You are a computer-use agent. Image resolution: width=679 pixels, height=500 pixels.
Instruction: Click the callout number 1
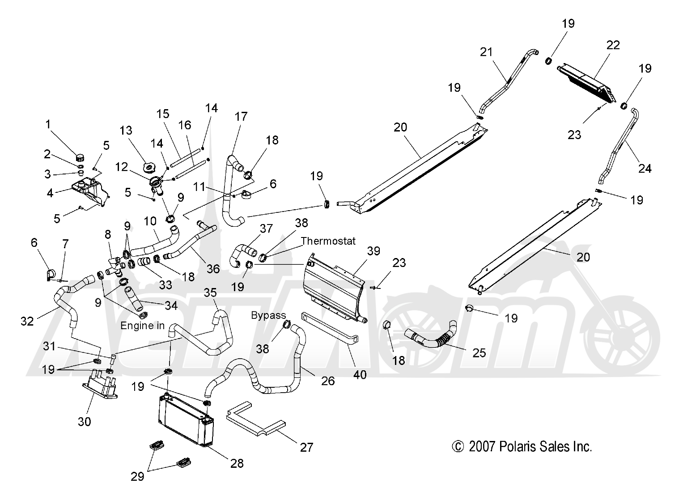tap(48, 124)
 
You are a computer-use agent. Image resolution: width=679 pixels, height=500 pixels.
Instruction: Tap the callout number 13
tap(126, 131)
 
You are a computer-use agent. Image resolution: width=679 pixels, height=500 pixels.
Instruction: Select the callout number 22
tap(613, 45)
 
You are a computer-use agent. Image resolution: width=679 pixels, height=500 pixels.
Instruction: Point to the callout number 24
tap(645, 168)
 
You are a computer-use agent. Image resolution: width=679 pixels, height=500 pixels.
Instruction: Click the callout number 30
tap(84, 422)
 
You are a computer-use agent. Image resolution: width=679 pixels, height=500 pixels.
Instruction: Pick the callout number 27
tap(306, 447)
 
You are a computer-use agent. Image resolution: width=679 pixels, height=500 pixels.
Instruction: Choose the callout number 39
tap(373, 251)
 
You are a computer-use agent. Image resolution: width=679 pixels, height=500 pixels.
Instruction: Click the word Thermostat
tap(328, 241)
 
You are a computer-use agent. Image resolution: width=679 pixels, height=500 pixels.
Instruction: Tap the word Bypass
tap(268, 315)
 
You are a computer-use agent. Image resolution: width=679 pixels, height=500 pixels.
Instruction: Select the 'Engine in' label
tap(143, 326)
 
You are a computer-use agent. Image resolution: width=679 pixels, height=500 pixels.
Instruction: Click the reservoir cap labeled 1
tap(80, 157)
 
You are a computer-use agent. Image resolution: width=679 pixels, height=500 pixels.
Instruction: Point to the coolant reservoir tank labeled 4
tap(90, 192)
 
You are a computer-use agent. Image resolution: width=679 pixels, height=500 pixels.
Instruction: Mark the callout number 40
tap(360, 375)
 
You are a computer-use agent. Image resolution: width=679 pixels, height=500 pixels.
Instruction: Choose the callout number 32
tap(27, 321)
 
